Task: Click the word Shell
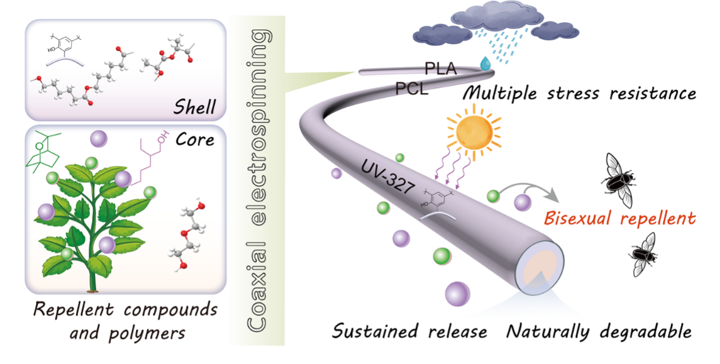click(193, 106)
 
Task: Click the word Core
click(194, 140)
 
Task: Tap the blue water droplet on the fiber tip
click(485, 64)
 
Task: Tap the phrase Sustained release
click(409, 331)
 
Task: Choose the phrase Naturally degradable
click(598, 331)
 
